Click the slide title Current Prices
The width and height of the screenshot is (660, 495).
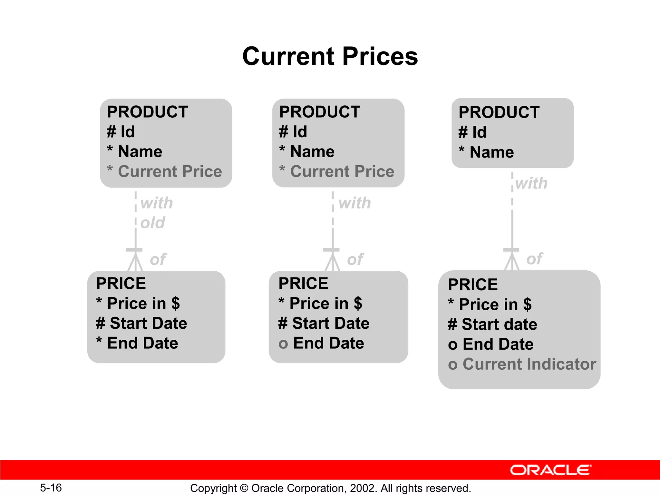click(330, 56)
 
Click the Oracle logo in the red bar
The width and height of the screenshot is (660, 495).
click(550, 470)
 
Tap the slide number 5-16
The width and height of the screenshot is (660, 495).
click(51, 488)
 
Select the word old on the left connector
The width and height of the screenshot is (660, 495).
click(153, 223)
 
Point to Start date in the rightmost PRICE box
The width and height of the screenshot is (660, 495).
click(499, 325)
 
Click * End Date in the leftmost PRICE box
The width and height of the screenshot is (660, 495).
click(137, 343)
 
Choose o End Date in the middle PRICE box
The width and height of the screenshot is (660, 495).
click(321, 343)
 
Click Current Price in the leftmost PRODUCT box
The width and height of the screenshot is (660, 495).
click(170, 171)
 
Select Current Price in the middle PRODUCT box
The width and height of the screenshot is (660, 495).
click(342, 171)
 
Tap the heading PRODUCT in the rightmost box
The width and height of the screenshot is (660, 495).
click(499, 112)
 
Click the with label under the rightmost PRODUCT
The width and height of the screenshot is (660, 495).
click(531, 183)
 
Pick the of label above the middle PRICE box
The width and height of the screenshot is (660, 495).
click(355, 259)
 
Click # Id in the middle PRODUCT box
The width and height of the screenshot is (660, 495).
click(293, 132)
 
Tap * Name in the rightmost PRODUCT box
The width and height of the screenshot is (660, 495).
click(486, 152)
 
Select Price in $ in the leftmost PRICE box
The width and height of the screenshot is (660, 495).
click(143, 304)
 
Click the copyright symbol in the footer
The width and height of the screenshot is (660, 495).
click(244, 488)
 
